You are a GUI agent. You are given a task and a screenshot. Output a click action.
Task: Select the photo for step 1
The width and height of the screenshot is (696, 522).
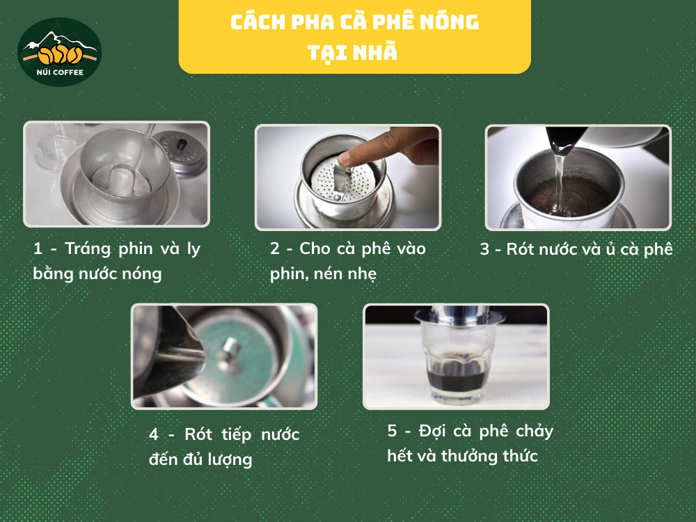pos(116,174)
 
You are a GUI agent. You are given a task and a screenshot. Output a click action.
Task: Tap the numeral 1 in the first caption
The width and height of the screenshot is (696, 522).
pos(38,249)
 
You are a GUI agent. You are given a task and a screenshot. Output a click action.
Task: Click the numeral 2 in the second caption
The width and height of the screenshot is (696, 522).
pos(276,249)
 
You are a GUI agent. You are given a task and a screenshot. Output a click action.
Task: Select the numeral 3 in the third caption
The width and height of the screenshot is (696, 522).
pos(485,249)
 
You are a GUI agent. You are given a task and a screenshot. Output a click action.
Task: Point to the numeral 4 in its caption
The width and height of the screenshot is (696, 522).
pos(154,435)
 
